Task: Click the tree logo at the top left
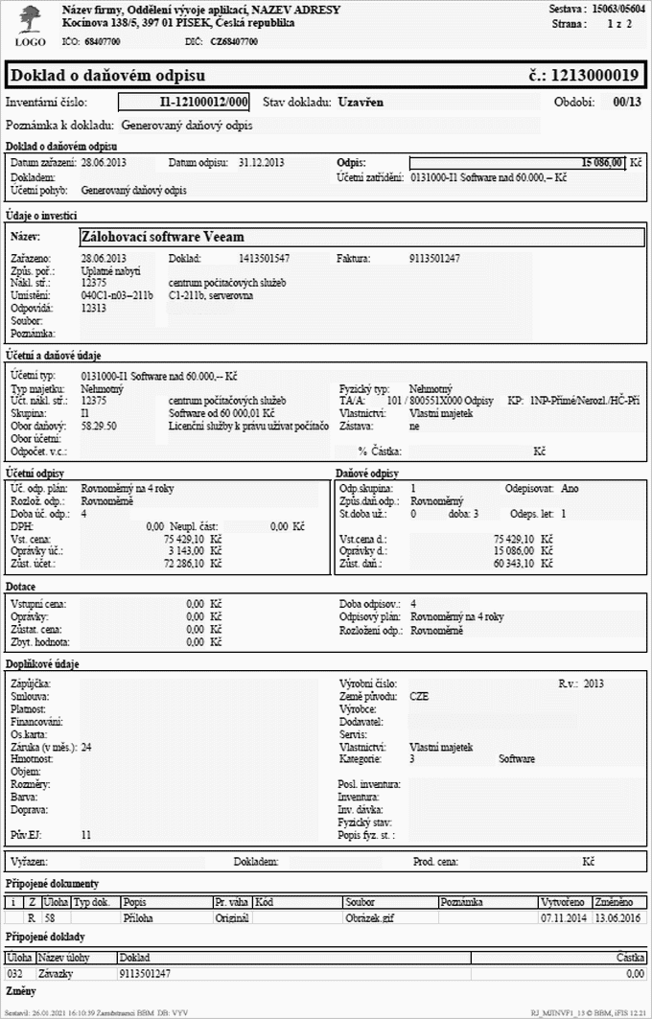coord(30,20)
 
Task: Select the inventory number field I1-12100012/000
coord(184,102)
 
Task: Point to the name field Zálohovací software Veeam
coord(162,237)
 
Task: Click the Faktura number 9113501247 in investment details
coord(434,259)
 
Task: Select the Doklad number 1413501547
coord(264,259)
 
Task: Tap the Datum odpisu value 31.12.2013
coord(263,163)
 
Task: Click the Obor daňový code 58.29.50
coord(100,425)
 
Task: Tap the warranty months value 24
coord(86,747)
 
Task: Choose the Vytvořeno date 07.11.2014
coord(565,917)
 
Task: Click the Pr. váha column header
coord(232,903)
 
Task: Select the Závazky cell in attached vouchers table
coord(58,973)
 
